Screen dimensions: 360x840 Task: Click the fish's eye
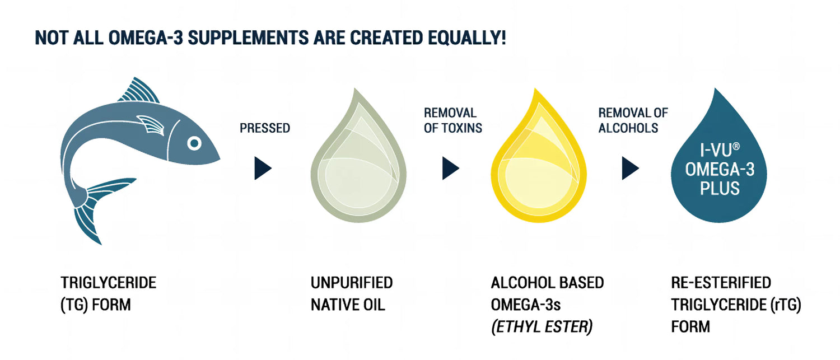point(194,143)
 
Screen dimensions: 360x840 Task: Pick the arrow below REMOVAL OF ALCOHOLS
point(630,168)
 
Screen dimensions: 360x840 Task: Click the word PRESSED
point(265,128)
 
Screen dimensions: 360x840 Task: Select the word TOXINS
point(461,128)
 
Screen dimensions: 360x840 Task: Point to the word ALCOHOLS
point(628,128)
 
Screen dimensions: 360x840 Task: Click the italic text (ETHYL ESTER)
point(542,326)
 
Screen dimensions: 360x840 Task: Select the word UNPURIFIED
point(352,283)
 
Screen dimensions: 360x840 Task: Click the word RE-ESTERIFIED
point(721,283)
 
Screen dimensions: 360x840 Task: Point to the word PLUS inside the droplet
point(720,188)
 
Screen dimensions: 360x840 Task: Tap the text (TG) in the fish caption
point(75,305)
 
